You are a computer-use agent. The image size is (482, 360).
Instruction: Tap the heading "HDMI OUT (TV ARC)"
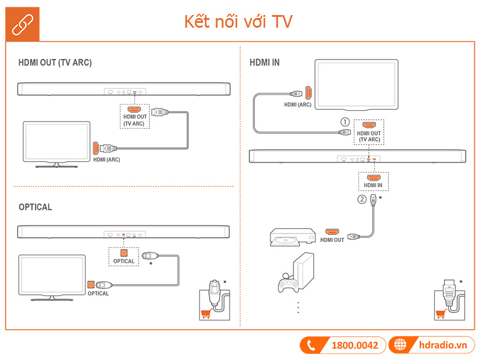click(x=55, y=63)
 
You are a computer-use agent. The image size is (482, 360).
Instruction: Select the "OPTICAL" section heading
click(x=36, y=207)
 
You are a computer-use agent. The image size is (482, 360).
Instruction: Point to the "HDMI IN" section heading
click(x=264, y=63)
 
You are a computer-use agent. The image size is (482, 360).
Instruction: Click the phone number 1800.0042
click(x=354, y=345)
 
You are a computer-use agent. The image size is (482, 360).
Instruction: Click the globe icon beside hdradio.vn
click(x=399, y=345)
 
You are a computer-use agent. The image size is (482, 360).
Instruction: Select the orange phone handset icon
click(x=311, y=345)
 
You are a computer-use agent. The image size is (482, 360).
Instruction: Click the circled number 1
click(x=345, y=122)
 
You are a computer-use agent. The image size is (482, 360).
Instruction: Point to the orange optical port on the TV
click(x=90, y=284)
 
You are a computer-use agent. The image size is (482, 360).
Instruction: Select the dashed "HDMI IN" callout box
click(x=373, y=181)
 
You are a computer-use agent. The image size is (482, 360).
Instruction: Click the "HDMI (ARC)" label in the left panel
click(x=107, y=161)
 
